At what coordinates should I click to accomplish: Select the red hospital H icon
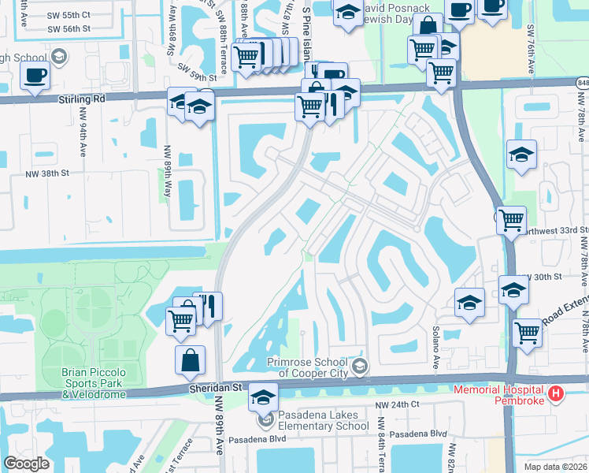(557, 393)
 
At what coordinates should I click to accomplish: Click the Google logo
(26, 464)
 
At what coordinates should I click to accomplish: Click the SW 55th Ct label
(69, 15)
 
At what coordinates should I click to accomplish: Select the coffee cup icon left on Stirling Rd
(34, 76)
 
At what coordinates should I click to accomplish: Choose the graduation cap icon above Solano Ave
(469, 302)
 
